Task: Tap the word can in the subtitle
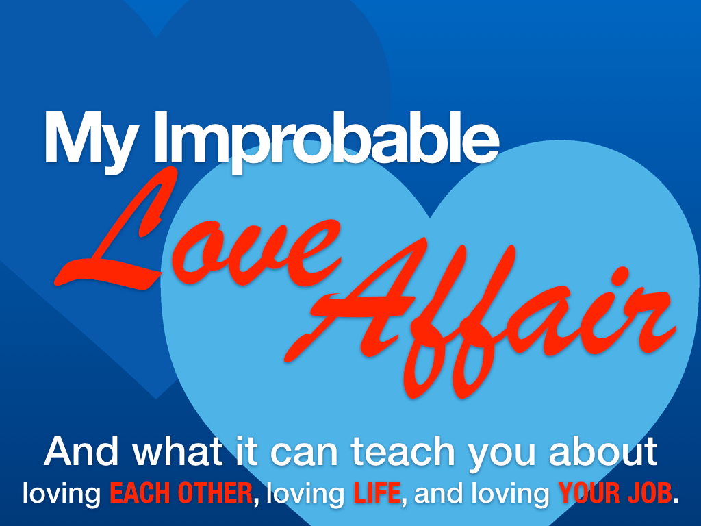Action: [303, 455]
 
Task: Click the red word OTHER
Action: [216, 493]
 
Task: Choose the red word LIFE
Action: [377, 493]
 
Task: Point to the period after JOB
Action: [676, 501]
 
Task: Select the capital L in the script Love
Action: [116, 233]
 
